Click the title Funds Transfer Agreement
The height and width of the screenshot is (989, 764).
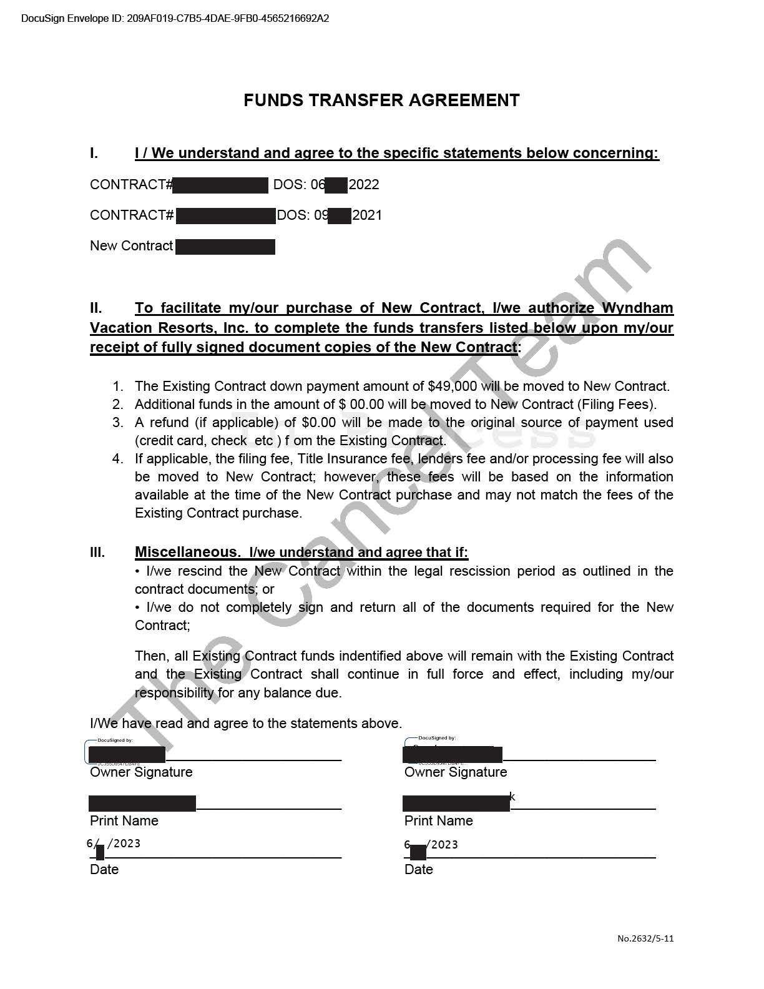[x=381, y=101]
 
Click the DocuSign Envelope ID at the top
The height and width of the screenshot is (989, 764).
[x=175, y=18]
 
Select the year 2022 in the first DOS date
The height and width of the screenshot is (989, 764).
[x=364, y=185]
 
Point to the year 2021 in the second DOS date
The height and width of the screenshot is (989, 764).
[x=367, y=215]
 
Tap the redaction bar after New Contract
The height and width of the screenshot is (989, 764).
[x=225, y=247]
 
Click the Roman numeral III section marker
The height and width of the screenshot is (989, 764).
[x=97, y=552]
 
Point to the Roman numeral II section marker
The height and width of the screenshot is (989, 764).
[x=96, y=308]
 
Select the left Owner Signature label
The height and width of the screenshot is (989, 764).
[x=141, y=772]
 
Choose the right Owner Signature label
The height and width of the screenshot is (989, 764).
[x=456, y=772]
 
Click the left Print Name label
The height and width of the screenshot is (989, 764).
[x=124, y=821]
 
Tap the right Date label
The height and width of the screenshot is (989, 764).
[x=419, y=870]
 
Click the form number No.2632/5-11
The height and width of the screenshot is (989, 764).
[x=645, y=938]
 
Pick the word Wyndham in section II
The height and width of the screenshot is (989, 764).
[x=637, y=308]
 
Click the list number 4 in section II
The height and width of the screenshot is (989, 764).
[x=117, y=459]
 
